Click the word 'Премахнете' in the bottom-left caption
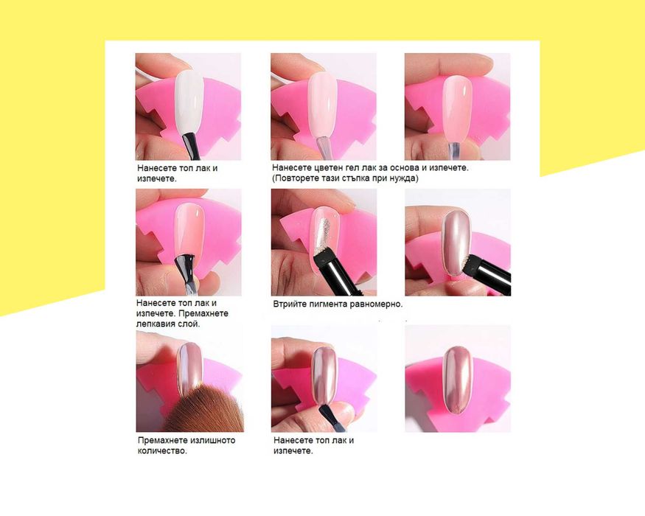tap(163, 439)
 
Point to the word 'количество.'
tap(162, 450)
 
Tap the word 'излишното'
tap(215, 439)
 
